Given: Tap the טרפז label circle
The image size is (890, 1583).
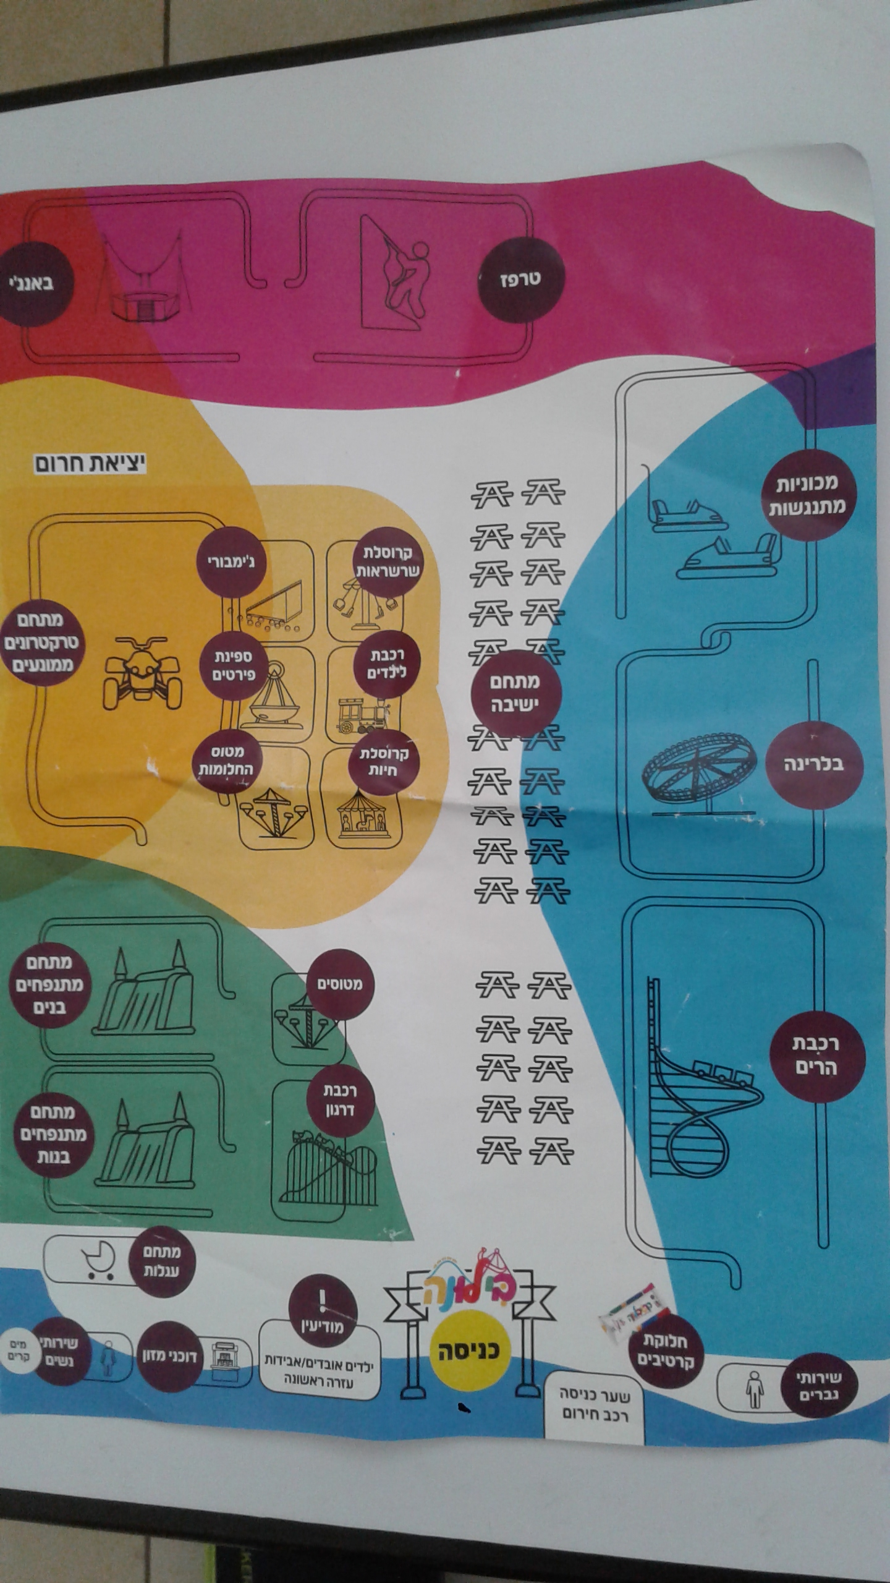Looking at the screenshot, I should [x=520, y=278].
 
